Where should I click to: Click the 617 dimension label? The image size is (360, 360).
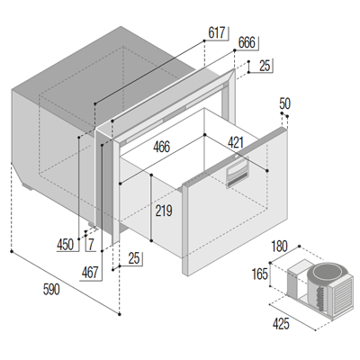[217, 33]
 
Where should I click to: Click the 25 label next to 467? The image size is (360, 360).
[135, 260]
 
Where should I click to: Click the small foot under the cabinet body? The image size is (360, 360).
[34, 192]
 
